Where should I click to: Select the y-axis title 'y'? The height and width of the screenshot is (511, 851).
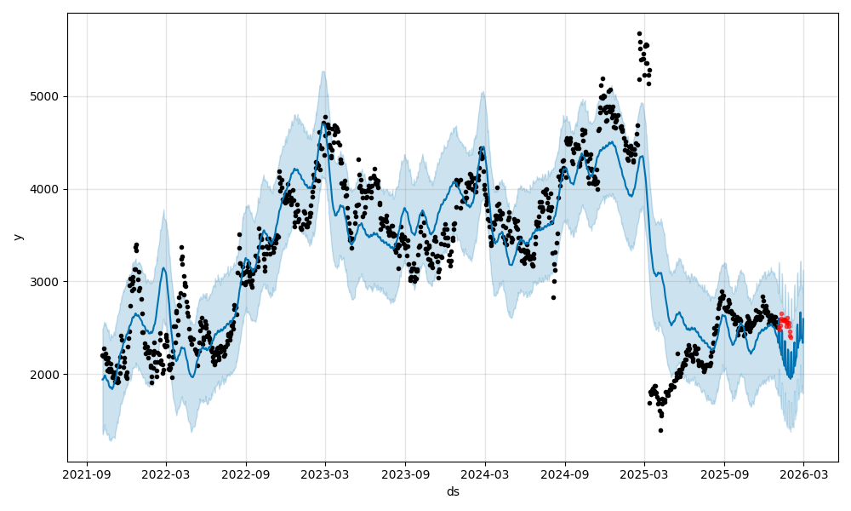click(16, 237)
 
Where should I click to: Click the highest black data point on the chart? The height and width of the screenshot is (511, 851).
click(639, 34)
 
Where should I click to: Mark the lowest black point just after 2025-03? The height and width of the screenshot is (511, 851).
click(660, 430)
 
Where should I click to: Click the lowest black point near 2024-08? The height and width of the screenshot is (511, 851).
click(553, 297)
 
